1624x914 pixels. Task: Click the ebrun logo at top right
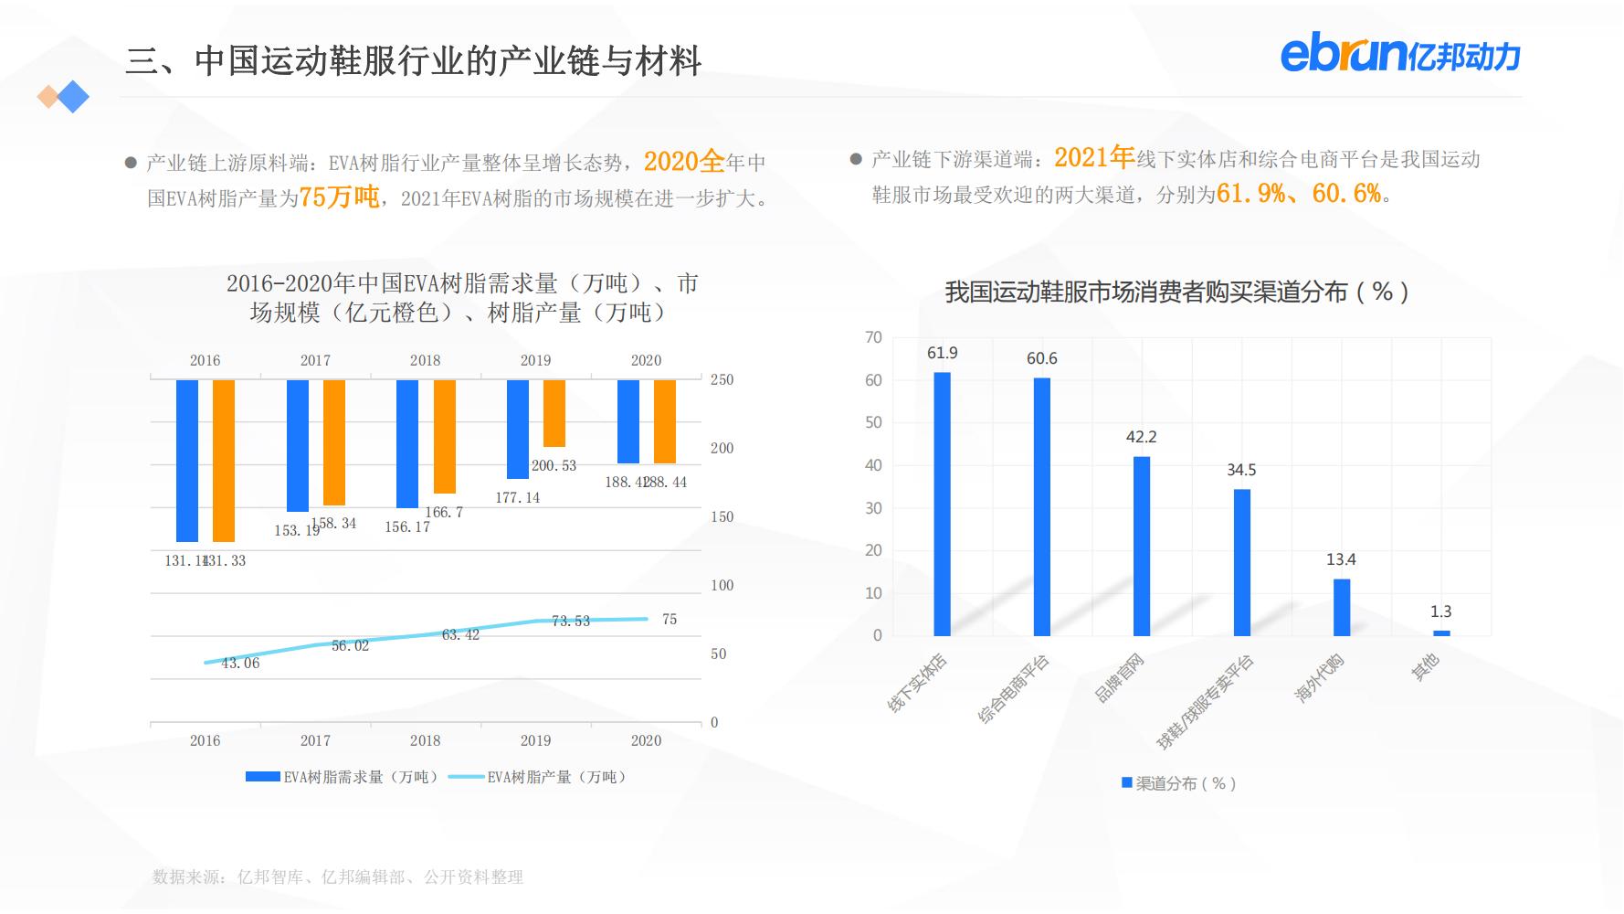[1399, 55]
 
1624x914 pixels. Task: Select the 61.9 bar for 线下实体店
[942, 504]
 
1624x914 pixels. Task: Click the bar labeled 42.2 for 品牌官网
[1142, 546]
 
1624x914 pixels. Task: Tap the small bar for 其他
[1441, 632]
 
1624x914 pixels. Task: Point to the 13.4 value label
[1341, 559]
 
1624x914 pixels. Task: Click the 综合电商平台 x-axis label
[1015, 689]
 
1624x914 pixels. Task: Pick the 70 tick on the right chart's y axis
[873, 337]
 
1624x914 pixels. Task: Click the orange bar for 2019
[554, 413]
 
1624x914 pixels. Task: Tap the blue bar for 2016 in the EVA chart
[187, 461]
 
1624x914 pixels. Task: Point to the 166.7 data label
[444, 512]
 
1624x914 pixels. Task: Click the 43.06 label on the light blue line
[240, 663]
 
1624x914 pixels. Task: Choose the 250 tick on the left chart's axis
[722, 379]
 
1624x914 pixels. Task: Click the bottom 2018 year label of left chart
[425, 740]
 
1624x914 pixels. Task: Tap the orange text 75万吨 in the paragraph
[339, 197]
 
